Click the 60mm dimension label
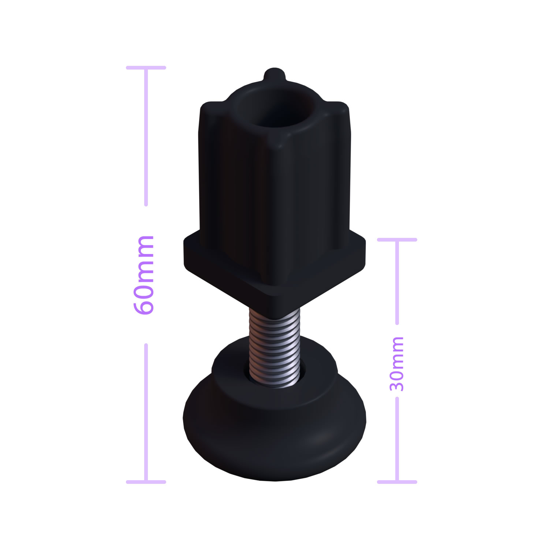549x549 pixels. [143, 275]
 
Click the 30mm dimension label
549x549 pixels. [396, 364]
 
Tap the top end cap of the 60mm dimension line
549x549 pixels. [146, 68]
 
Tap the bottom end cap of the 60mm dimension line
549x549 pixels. [146, 482]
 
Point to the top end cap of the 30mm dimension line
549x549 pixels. [397, 240]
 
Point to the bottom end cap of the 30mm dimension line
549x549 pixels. [397, 482]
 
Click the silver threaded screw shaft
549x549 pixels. [274, 348]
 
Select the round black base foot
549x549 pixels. [274, 414]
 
